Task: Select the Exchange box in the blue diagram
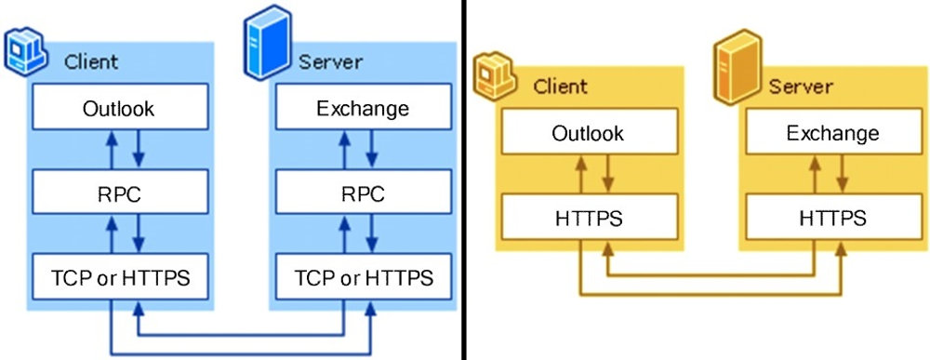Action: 362,109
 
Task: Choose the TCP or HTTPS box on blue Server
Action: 362,277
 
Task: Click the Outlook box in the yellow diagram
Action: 587,134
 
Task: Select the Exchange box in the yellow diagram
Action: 832,134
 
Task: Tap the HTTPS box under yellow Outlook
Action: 587,219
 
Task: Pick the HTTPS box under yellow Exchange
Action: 832,219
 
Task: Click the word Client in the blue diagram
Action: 91,62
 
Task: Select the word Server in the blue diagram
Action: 330,62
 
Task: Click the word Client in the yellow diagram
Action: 560,87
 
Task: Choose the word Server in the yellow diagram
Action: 800,87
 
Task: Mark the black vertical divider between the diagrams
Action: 463,180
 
